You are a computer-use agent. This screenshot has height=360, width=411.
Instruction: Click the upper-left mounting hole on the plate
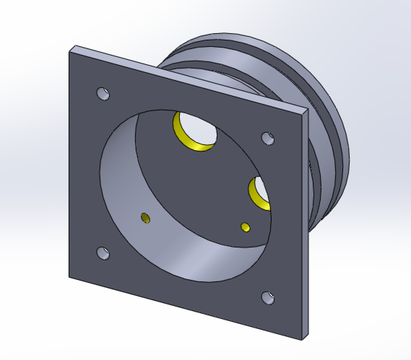[x=103, y=93]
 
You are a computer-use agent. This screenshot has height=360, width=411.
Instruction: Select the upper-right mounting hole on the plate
[x=267, y=138]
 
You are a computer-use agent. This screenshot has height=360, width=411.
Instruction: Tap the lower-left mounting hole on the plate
[x=103, y=253]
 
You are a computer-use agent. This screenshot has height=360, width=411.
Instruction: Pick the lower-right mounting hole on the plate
[x=268, y=298]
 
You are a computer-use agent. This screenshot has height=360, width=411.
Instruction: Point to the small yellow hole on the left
[x=145, y=218]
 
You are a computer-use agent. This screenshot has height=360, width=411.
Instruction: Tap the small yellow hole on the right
[x=246, y=227]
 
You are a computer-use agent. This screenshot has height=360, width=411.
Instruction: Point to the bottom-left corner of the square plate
[x=69, y=277]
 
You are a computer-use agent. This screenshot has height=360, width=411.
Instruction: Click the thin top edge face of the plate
[x=188, y=78]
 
